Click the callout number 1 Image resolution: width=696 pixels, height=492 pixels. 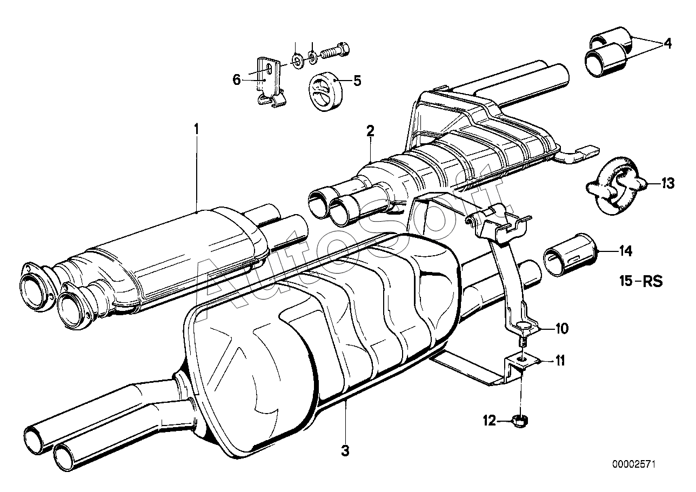coord(196,129)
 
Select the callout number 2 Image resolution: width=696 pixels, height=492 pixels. coord(370,131)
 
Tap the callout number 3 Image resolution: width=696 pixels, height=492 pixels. coord(345,450)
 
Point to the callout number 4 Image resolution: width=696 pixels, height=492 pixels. coord(667,43)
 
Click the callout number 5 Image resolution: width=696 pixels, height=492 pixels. coord(357,81)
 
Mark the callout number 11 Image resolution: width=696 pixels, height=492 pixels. coord(560,361)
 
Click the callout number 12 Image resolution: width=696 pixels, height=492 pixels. coord(490,421)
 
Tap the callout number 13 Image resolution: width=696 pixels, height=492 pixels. coord(667,183)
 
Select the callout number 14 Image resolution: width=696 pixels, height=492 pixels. coord(626,251)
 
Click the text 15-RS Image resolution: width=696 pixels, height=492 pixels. coord(641,281)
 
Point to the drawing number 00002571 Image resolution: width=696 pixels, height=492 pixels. coord(634,473)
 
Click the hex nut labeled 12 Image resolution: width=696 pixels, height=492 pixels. coord(519,422)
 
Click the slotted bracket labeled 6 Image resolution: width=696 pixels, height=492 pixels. coord(270,82)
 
